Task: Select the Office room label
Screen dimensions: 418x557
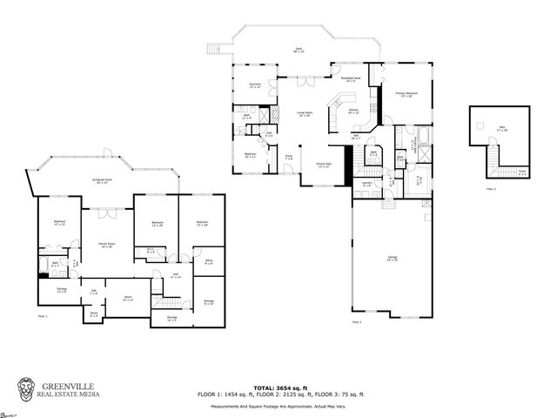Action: pos(209,262)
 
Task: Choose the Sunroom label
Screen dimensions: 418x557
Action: pos(255,85)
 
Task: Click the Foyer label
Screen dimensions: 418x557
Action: pos(288,158)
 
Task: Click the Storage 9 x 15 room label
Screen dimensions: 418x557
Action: pos(209,302)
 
